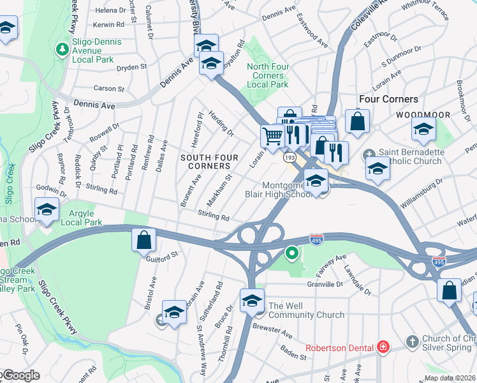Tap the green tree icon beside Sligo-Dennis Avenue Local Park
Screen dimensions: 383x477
click(x=62, y=49)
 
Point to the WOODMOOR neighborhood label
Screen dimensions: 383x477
click(x=423, y=115)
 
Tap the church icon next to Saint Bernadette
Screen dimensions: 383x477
click(x=370, y=155)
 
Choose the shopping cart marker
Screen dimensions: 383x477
click(x=272, y=135)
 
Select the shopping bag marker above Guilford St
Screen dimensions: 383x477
click(x=144, y=241)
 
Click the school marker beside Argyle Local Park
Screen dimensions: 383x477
click(x=47, y=209)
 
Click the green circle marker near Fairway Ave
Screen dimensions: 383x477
click(x=292, y=254)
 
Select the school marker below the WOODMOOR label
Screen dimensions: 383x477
click(x=424, y=130)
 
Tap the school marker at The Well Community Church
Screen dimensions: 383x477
click(x=252, y=300)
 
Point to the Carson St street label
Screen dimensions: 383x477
click(x=109, y=89)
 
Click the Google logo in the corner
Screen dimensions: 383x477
click(x=20, y=376)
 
